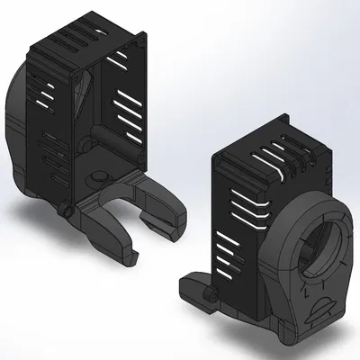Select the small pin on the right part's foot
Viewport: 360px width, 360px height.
(x=212, y=294)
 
